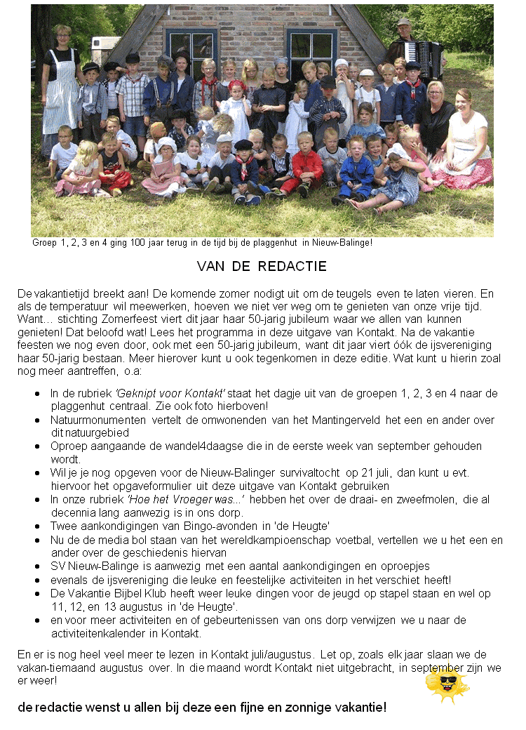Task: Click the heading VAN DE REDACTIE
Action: click(x=262, y=267)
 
